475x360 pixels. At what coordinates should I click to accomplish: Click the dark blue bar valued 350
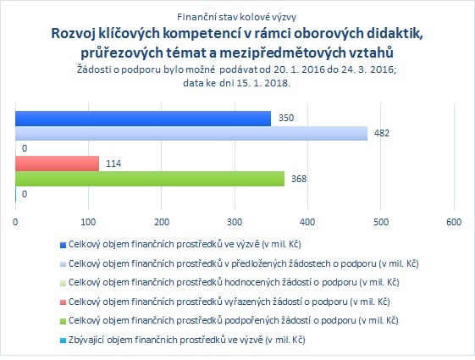143,119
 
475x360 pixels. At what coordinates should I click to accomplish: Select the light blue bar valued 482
191,133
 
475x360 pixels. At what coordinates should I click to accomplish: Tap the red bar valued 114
58,163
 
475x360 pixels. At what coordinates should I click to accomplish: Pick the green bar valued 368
150,179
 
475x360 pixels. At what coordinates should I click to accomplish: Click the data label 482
382,133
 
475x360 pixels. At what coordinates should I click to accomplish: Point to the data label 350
286,118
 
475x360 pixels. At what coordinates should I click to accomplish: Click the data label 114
113,163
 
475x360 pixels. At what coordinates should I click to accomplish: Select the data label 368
299,179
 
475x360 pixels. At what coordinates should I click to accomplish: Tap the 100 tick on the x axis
88,222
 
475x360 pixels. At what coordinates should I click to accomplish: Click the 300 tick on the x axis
235,222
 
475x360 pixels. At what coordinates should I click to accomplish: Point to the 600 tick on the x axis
454,222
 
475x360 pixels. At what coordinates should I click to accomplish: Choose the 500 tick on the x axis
381,222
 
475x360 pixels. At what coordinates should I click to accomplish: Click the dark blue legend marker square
63,245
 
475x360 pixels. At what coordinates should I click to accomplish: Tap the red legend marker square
63,302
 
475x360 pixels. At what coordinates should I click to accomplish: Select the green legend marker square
63,322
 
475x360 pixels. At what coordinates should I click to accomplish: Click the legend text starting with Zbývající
186,340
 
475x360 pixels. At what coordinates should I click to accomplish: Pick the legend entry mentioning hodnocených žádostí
234,282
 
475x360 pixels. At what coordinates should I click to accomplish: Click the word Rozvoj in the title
73,34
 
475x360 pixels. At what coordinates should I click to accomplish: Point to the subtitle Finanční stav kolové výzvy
236,17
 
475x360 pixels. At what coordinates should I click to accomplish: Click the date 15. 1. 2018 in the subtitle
262,83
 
